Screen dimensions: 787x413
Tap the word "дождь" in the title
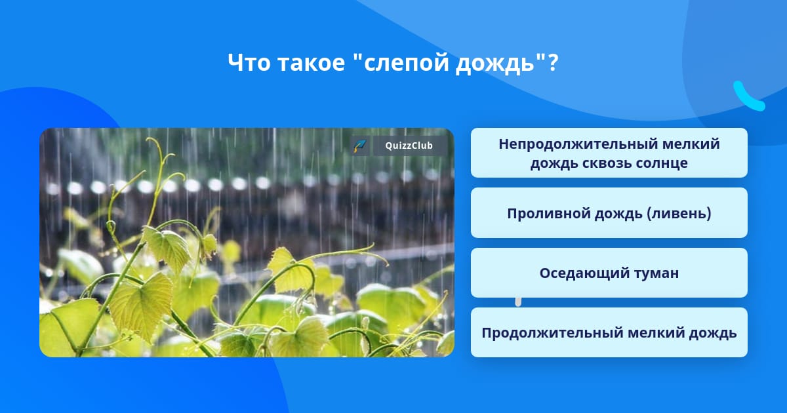pos(495,64)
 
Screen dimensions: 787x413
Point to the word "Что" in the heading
pos(249,63)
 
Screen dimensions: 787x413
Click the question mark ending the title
pos(553,62)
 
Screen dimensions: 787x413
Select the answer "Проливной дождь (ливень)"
pos(609,213)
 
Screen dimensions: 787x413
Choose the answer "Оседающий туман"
pos(609,273)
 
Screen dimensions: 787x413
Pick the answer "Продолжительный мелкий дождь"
pos(609,332)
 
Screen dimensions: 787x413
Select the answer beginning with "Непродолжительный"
pos(609,153)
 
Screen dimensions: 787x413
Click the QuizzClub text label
pos(409,146)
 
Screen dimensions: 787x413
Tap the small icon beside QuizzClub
pos(359,146)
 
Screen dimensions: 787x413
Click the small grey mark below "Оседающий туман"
pos(518,302)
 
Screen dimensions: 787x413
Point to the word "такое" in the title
pos(312,63)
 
